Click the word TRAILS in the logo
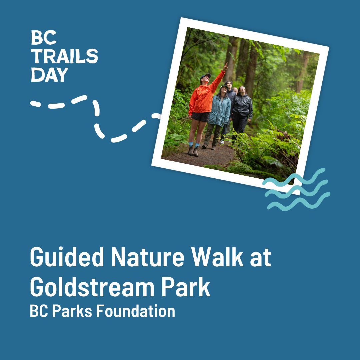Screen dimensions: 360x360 pyautogui.click(x=64, y=56)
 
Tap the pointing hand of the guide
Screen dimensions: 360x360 pyautogui.click(x=225, y=66)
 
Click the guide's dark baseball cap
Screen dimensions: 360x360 pyautogui.click(x=205, y=76)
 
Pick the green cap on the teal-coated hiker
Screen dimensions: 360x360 pyautogui.click(x=223, y=87)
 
